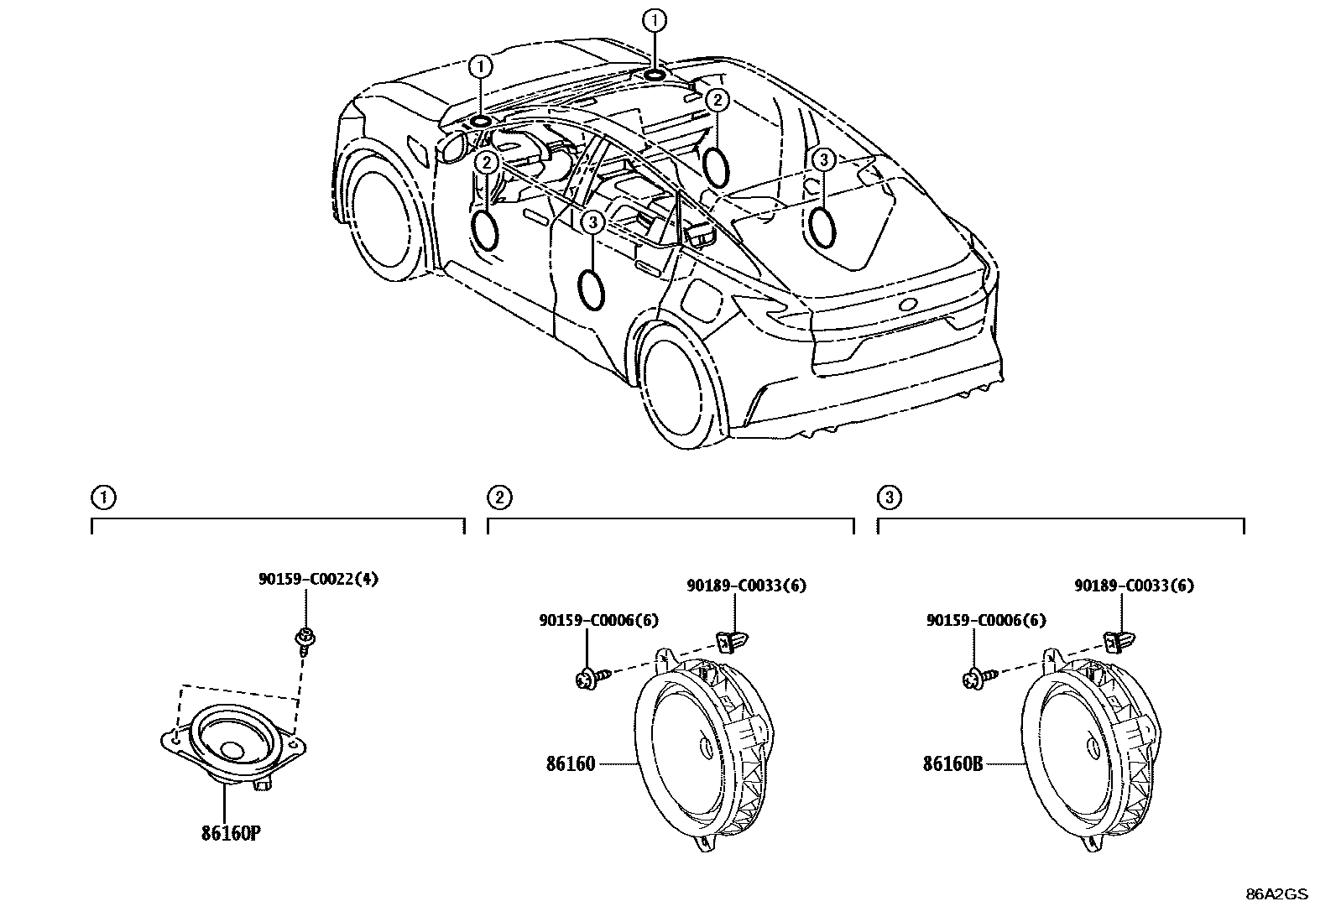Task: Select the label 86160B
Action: click(952, 764)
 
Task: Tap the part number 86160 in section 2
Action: click(571, 764)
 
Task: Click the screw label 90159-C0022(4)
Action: click(317, 579)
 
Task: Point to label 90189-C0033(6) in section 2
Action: click(746, 586)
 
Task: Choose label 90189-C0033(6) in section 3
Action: click(1134, 586)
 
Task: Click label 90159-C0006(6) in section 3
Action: click(986, 620)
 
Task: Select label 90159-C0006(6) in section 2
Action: click(598, 620)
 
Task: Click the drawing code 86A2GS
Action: click(1276, 894)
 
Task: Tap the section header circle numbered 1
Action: click(103, 498)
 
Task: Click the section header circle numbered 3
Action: click(889, 498)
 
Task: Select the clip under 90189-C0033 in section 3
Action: click(1115, 642)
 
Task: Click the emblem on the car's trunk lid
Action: click(908, 305)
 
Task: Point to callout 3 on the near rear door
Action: click(593, 222)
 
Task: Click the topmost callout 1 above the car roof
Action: click(654, 19)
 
